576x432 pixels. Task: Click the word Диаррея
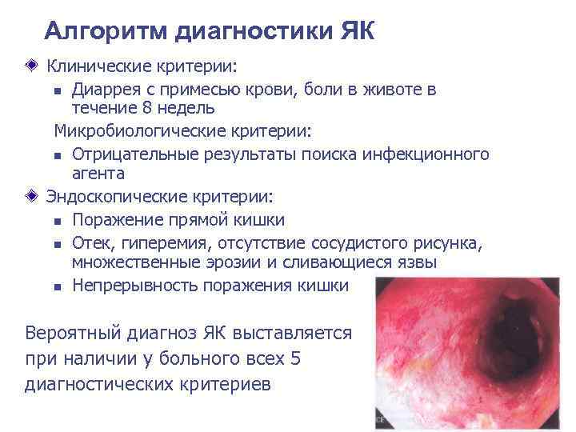tap(105, 90)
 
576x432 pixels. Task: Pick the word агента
tap(98, 173)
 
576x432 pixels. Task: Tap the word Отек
tap(90, 242)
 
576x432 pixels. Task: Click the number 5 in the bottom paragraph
tap(296, 358)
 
